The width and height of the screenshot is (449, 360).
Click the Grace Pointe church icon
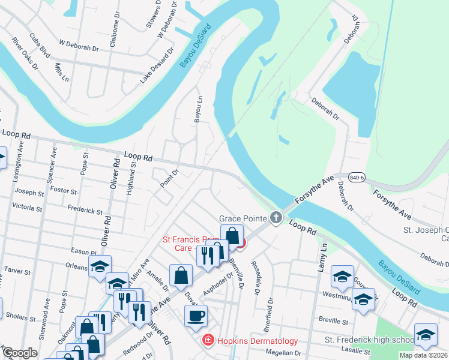(x=276, y=217)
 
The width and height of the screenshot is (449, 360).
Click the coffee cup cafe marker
(x=196, y=316)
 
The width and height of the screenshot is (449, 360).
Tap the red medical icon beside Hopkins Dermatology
(x=208, y=341)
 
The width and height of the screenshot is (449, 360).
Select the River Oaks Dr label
(x=25, y=54)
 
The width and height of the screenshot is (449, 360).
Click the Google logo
(x=20, y=353)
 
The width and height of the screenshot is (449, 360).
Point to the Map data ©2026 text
(x=423, y=355)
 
